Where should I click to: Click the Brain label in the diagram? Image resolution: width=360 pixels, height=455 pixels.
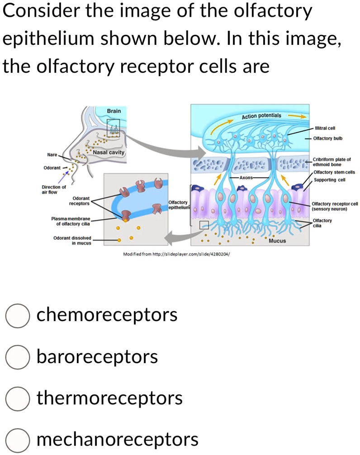114,111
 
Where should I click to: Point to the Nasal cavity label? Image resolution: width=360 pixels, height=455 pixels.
109,152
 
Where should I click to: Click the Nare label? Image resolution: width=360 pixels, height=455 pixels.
52,155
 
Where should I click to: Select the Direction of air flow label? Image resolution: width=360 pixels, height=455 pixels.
54,189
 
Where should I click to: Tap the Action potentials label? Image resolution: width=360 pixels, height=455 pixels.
261,116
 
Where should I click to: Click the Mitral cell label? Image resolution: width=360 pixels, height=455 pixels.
324,129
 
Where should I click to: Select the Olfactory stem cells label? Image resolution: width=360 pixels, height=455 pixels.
334,172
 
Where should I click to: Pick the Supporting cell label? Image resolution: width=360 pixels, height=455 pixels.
329,180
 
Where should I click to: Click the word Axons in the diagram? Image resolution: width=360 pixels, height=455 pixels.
246,178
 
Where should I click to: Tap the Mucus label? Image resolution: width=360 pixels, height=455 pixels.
277,240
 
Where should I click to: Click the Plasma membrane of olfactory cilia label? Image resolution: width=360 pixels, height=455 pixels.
71,221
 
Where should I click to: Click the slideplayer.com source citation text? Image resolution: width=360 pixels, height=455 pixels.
178,254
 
